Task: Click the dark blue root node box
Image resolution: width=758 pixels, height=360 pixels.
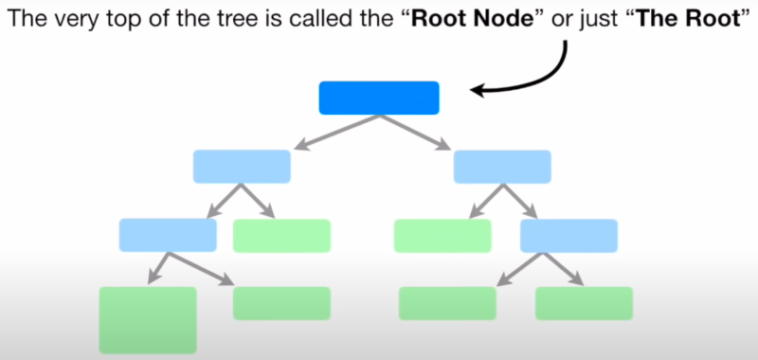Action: click(379, 98)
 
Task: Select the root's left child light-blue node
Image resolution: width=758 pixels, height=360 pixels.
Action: click(242, 166)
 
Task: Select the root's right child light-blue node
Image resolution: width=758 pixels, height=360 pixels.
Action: click(502, 166)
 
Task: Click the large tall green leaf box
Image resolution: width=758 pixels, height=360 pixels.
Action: click(148, 319)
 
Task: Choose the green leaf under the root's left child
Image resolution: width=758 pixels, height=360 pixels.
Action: click(281, 235)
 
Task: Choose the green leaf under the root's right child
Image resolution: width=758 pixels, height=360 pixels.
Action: click(442, 235)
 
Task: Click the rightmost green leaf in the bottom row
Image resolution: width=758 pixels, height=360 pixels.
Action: click(584, 302)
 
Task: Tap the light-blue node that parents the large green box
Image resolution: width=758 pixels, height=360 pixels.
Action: click(168, 235)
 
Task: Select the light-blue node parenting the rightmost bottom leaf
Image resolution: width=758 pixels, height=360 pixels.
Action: click(568, 235)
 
